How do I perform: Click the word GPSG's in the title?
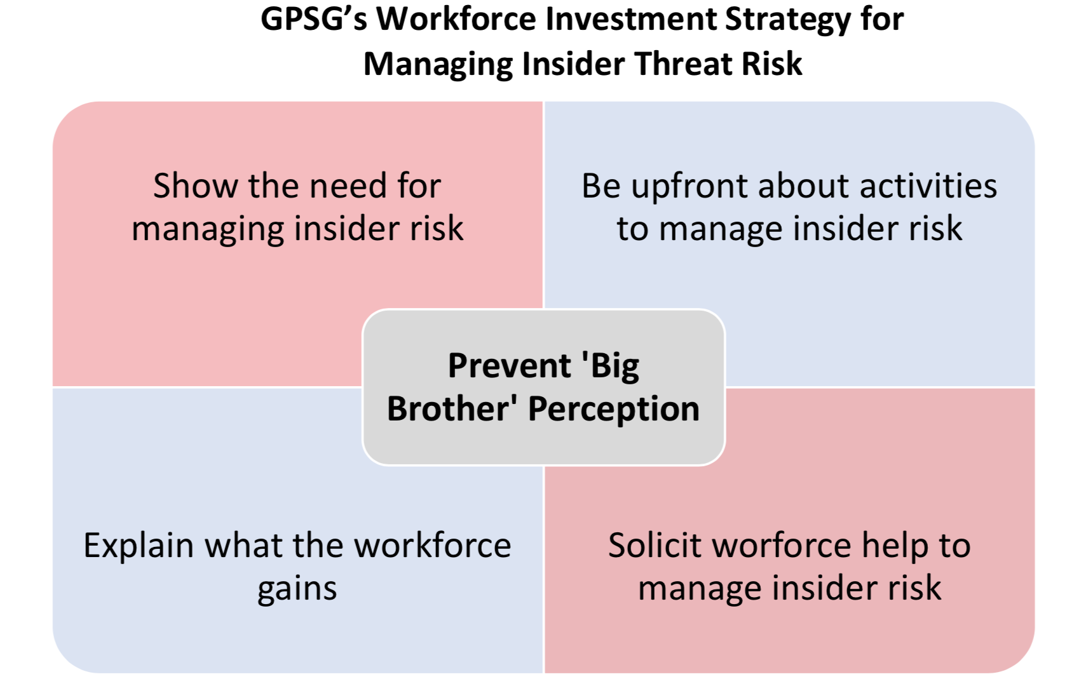click(x=314, y=20)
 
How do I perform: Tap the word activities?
click(x=928, y=185)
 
